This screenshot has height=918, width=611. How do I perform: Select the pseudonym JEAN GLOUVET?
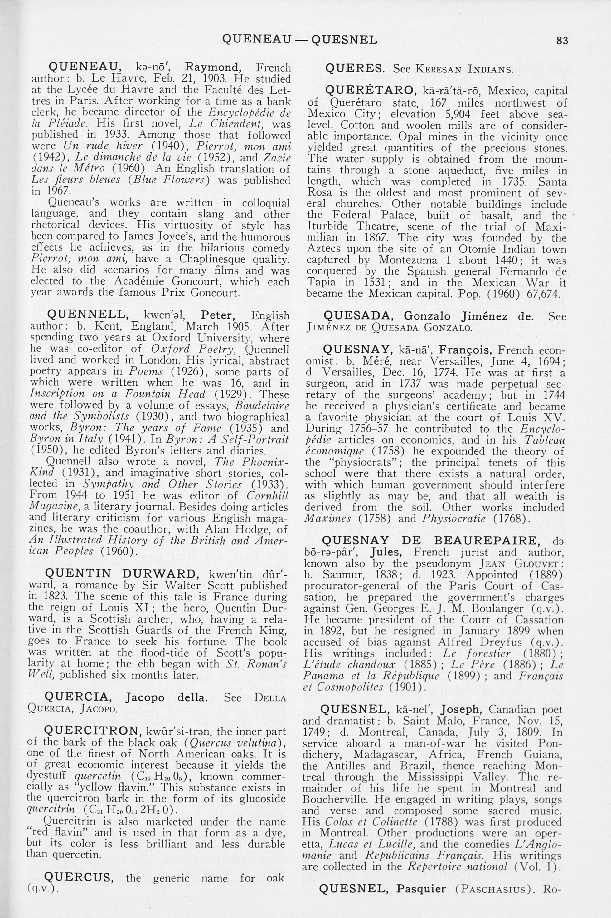coord(519,564)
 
